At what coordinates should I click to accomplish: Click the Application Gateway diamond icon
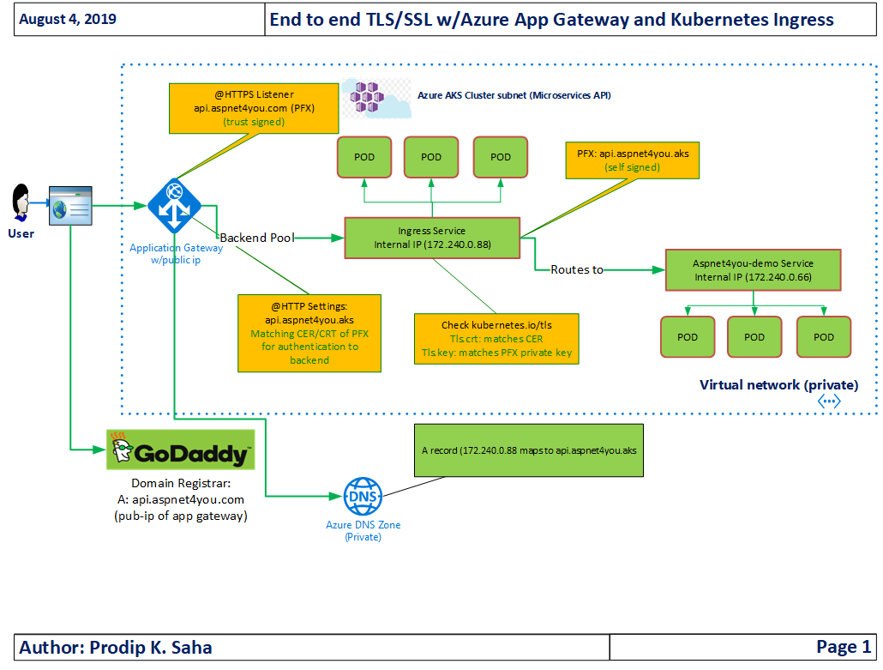pyautogui.click(x=175, y=206)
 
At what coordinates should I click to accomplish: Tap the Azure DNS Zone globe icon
pyautogui.click(x=363, y=497)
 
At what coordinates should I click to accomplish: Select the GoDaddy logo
pyautogui.click(x=181, y=450)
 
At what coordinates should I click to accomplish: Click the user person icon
pyautogui.click(x=21, y=202)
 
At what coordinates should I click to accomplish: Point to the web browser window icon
pyautogui.click(x=70, y=206)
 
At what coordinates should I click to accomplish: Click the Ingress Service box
pyautogui.click(x=432, y=238)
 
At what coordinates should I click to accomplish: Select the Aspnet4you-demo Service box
pyautogui.click(x=753, y=270)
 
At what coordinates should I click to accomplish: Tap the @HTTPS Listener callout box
pyautogui.click(x=254, y=108)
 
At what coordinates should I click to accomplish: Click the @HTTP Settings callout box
pyautogui.click(x=309, y=333)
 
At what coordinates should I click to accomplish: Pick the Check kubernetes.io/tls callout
pyautogui.click(x=496, y=339)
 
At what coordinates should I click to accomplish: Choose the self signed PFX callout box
pyautogui.click(x=633, y=160)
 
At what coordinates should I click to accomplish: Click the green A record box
pyautogui.click(x=529, y=450)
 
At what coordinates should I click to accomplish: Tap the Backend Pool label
pyautogui.click(x=257, y=238)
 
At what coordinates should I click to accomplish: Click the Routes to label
pyautogui.click(x=577, y=270)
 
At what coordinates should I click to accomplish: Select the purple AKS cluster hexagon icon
pyautogui.click(x=367, y=97)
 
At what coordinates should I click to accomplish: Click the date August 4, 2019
pyautogui.click(x=68, y=19)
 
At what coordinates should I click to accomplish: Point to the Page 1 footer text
pyautogui.click(x=844, y=646)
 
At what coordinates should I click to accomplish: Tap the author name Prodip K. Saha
pyautogui.click(x=151, y=648)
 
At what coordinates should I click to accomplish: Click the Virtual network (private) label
pyautogui.click(x=778, y=385)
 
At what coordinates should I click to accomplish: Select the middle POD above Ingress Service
pyautogui.click(x=431, y=157)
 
